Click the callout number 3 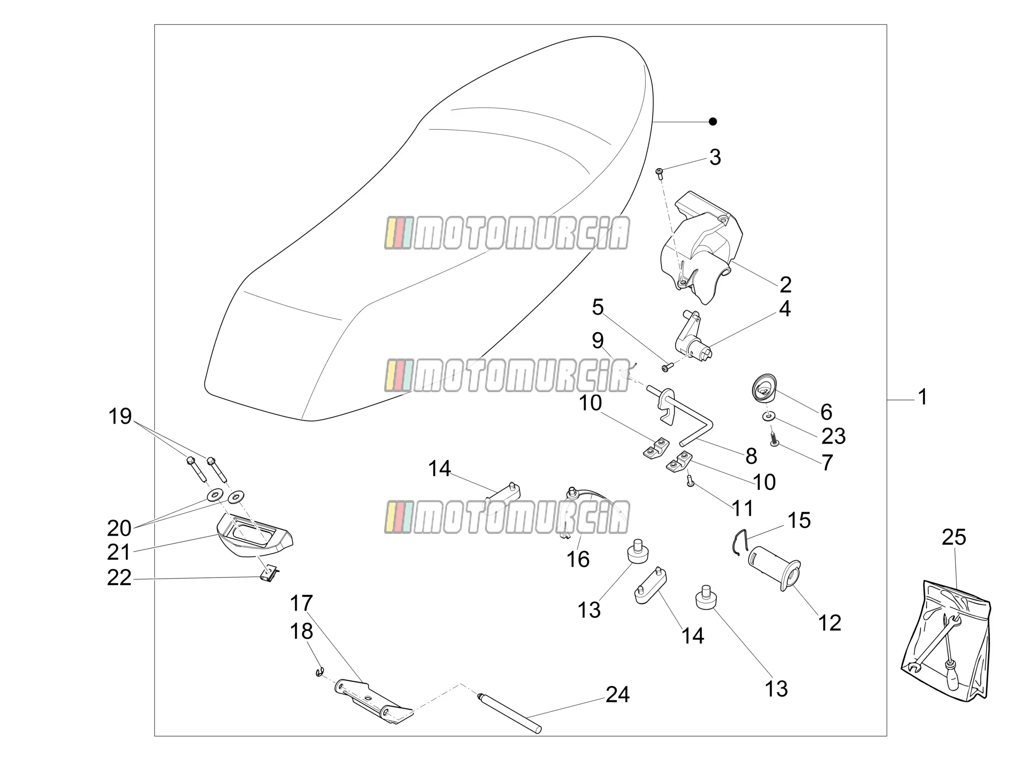715,157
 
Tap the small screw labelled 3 660,172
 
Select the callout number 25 953,537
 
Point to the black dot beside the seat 713,122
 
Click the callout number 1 922,397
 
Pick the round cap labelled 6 764,388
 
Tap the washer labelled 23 767,416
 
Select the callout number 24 618,694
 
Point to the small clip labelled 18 320,673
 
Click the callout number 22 119,577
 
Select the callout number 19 120,416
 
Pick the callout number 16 577,560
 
